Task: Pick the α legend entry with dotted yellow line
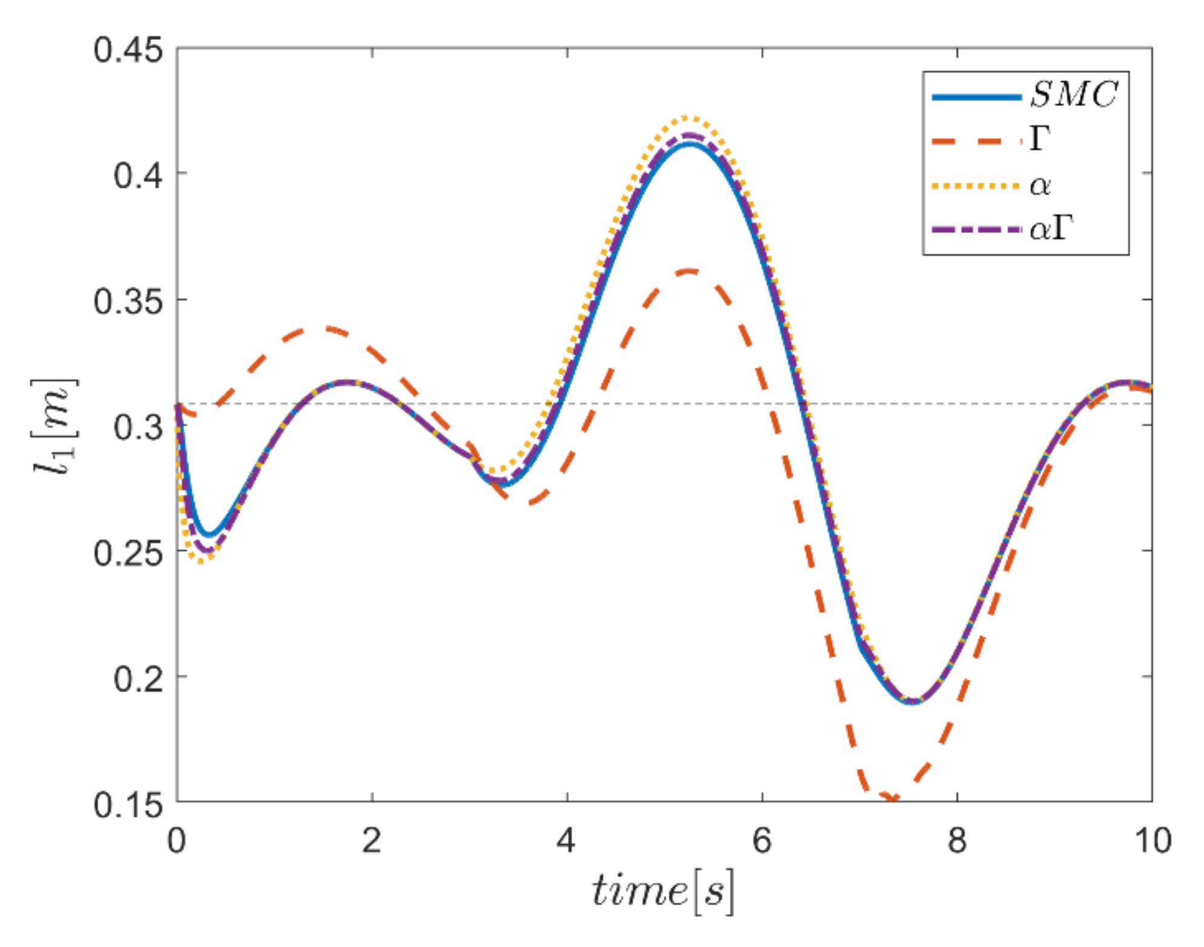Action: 1040,185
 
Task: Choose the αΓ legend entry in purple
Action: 1051,229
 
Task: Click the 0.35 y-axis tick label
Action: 128,301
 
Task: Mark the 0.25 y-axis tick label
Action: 128,552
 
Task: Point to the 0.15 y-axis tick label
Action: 128,804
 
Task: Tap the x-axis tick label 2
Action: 372,840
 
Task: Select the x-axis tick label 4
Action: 567,840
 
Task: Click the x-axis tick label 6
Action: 762,840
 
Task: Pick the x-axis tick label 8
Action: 957,840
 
